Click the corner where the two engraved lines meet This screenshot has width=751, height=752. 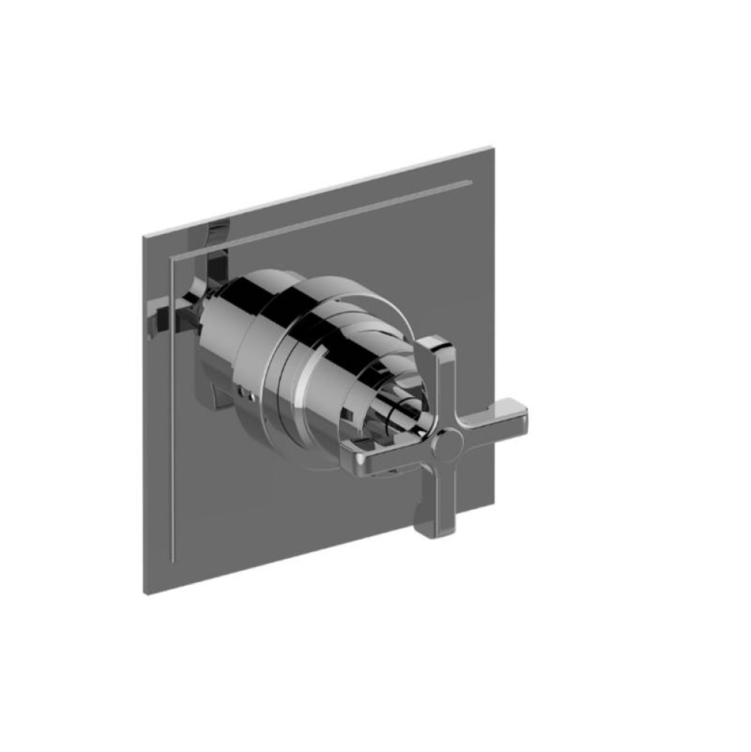(x=174, y=260)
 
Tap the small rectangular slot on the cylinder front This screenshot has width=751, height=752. (x=350, y=412)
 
